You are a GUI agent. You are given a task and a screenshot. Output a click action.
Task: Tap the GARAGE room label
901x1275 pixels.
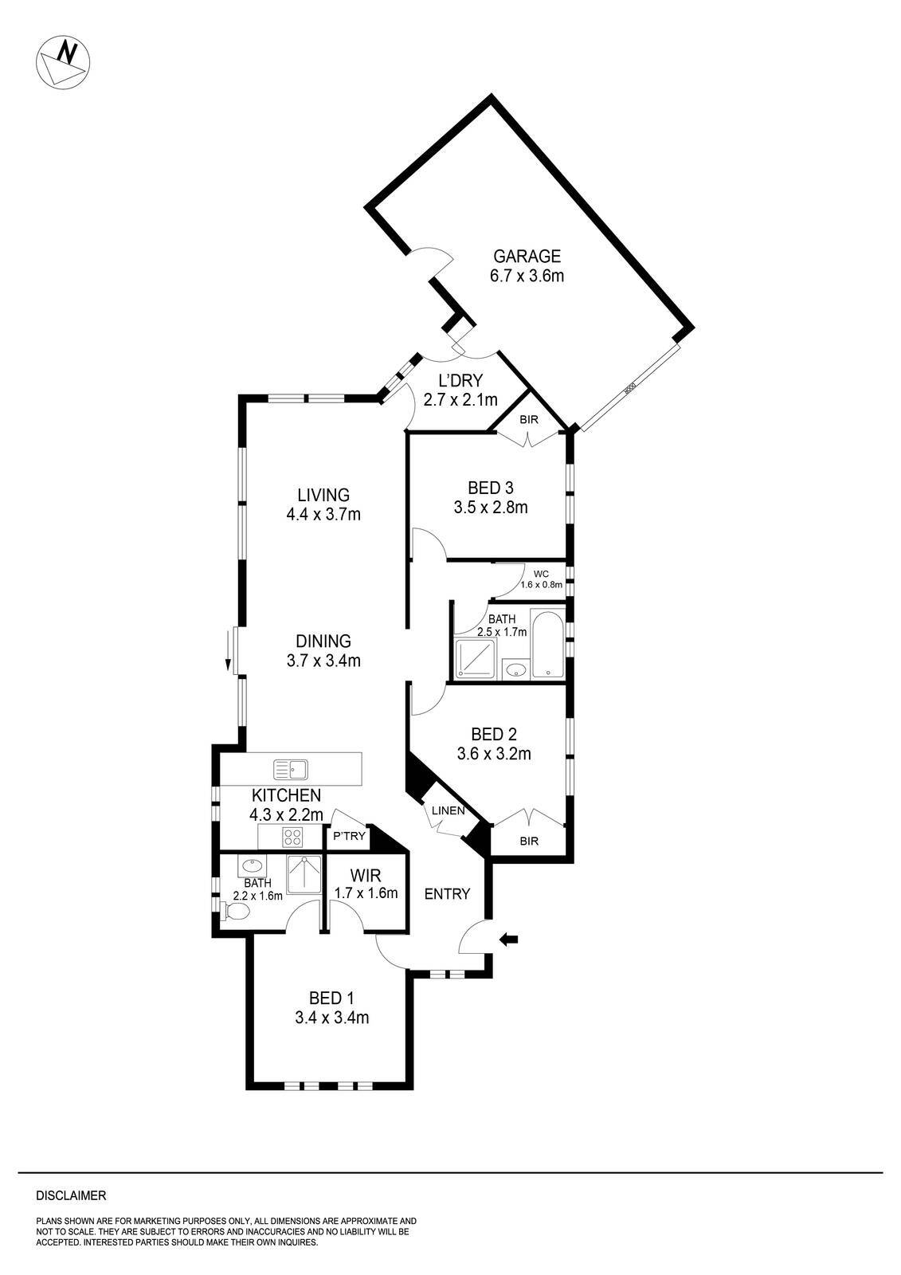(527, 257)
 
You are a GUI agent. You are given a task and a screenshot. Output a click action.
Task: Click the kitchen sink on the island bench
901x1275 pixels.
(292, 769)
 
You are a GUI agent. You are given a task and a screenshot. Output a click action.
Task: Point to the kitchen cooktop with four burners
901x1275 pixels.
(292, 837)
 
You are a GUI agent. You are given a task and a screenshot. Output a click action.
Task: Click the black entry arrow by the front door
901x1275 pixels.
(507, 940)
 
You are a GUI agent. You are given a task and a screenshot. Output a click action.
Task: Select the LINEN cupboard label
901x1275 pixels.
(447, 810)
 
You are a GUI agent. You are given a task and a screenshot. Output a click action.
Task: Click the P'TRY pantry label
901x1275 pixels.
(349, 836)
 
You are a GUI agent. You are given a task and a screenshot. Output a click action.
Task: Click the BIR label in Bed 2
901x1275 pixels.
(529, 841)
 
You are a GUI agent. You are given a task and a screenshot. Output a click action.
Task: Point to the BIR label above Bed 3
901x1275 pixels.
(528, 419)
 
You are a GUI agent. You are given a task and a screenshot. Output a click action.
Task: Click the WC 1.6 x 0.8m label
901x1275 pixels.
(542, 579)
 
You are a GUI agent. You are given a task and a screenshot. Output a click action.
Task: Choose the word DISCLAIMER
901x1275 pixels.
(71, 1195)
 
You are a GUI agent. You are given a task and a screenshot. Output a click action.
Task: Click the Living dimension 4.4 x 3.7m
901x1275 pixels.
(323, 515)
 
